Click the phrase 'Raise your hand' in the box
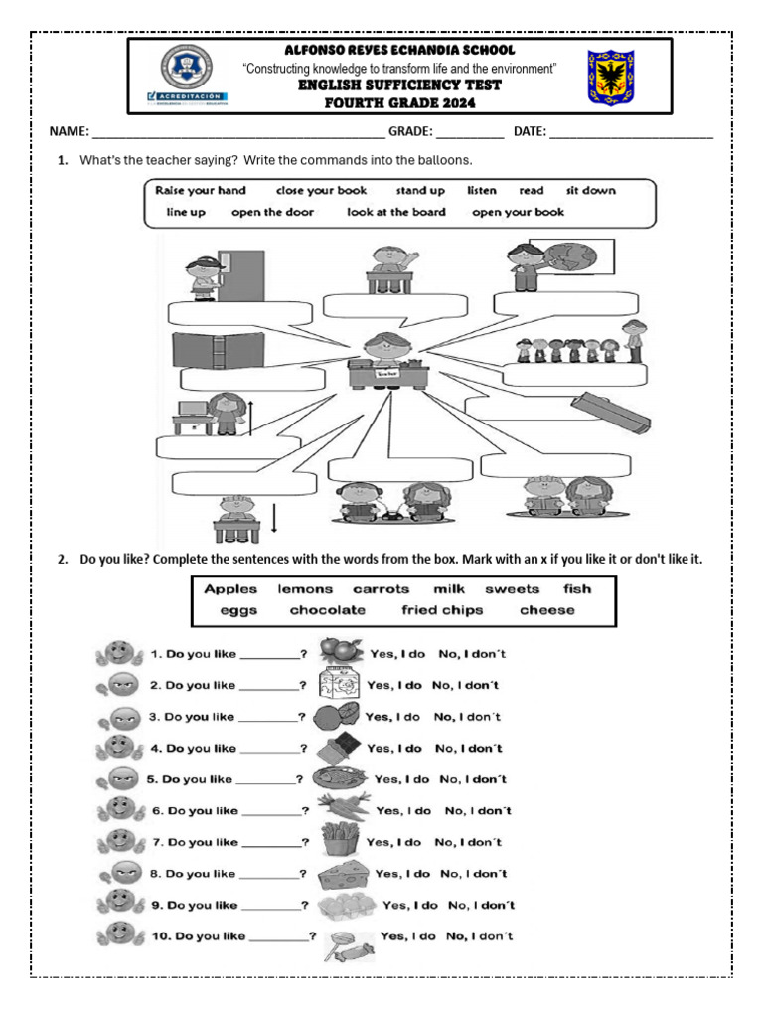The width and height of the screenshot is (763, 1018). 201,190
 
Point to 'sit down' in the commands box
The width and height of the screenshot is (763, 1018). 591,190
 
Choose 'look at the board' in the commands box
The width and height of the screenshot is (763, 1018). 396,212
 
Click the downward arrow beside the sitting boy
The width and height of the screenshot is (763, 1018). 274,519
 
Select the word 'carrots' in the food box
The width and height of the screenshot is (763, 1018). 381,589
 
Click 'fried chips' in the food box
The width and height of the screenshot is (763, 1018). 442,610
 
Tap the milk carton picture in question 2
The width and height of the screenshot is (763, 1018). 336,685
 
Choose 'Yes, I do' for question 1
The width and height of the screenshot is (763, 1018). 397,654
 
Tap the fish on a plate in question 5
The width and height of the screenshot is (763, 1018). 339,778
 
